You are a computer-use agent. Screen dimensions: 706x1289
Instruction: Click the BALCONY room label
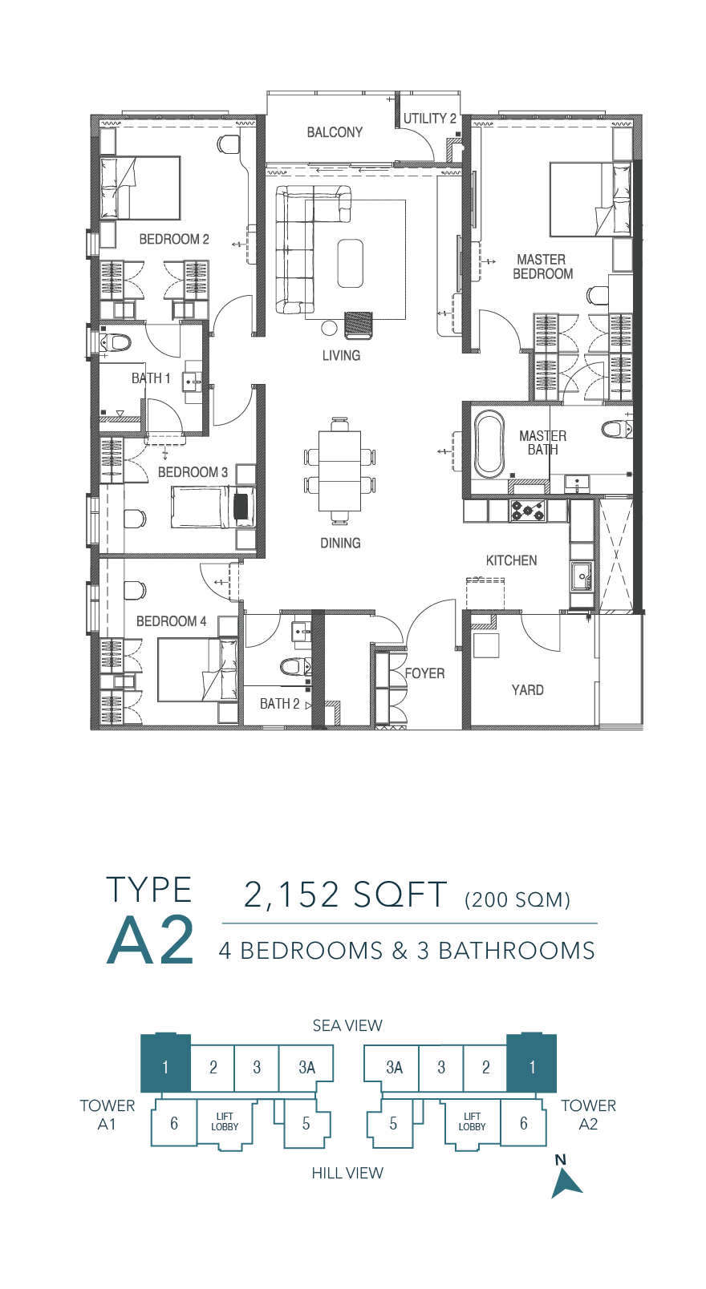335,132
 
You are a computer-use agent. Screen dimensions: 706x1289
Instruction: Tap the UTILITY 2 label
429,119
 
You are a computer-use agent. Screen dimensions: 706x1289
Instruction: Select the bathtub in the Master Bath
489,443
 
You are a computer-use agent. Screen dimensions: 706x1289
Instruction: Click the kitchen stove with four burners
528,511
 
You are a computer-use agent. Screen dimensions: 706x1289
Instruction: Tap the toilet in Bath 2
296,667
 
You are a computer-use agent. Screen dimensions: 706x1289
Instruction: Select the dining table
339,471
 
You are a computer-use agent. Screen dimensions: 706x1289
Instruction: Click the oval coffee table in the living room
350,263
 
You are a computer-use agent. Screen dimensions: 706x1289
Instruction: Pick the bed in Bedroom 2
140,188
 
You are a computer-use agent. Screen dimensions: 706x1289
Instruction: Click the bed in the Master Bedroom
590,200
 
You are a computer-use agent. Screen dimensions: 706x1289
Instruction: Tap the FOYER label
424,673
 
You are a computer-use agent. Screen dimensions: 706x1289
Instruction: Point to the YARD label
527,690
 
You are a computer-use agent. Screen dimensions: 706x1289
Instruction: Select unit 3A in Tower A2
394,1068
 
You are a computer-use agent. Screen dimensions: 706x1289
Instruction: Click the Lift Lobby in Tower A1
225,1123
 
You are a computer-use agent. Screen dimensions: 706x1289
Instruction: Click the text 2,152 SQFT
346,895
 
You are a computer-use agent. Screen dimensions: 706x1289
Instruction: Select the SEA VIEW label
347,1025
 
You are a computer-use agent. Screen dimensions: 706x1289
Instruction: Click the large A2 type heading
150,940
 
